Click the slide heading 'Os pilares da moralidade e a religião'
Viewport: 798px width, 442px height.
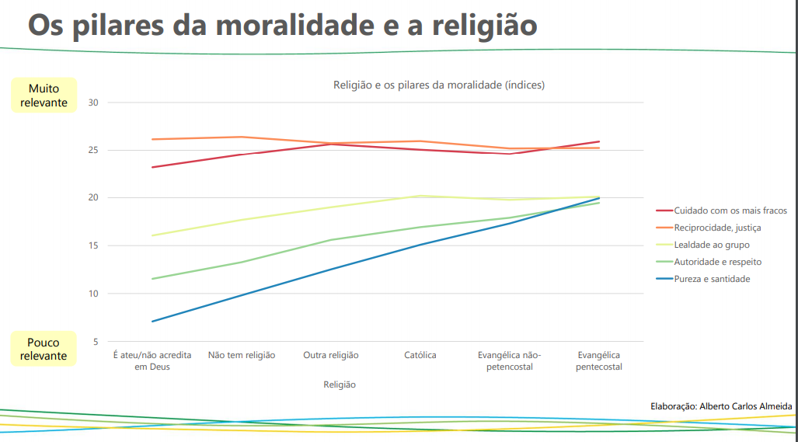click(x=283, y=25)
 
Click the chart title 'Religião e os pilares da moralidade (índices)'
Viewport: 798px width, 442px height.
click(x=439, y=85)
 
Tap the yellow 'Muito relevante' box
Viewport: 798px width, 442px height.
click(x=44, y=96)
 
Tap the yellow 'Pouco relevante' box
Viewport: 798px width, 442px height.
click(x=44, y=349)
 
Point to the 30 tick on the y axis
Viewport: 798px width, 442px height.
click(x=93, y=103)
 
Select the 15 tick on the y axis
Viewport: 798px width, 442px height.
click(x=93, y=245)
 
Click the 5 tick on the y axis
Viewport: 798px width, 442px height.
click(x=96, y=342)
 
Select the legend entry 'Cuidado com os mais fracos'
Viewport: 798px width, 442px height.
click(x=730, y=211)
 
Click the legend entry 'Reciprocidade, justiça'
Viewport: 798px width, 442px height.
click(x=717, y=228)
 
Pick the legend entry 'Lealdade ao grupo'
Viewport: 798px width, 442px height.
click(x=712, y=245)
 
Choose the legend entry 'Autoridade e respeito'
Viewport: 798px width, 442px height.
click(x=717, y=262)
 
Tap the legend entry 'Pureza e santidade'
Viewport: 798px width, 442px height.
click(x=712, y=279)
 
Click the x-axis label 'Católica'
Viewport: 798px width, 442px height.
click(x=420, y=355)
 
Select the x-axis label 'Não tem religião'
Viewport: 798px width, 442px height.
click(x=242, y=355)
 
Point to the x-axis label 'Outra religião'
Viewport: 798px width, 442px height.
click(x=331, y=355)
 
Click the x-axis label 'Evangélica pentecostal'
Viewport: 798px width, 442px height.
click(x=599, y=360)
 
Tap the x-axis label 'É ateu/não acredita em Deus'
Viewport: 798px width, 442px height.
click(x=152, y=360)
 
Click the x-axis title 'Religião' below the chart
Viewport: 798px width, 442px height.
click(x=339, y=384)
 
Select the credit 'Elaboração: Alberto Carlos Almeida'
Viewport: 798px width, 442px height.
click(x=721, y=406)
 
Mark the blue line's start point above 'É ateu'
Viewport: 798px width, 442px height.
click(x=152, y=321)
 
